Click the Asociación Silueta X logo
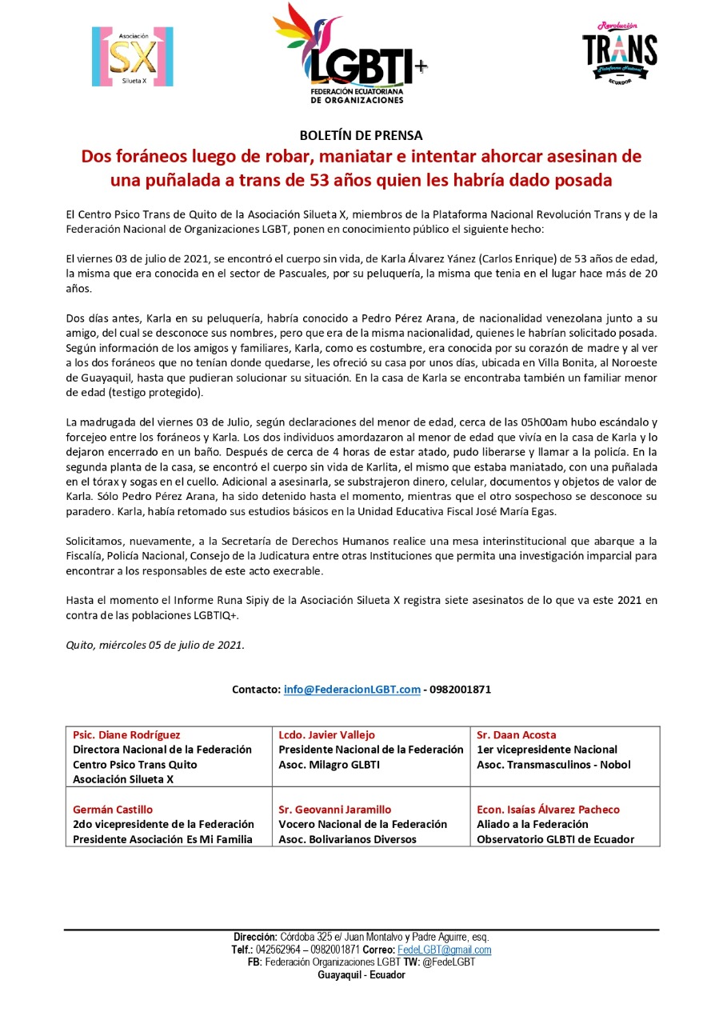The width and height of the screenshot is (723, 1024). [133, 57]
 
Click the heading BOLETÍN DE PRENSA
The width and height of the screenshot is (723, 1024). [361, 135]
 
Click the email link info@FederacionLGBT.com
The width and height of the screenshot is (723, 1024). [352, 690]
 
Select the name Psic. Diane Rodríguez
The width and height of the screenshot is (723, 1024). [126, 734]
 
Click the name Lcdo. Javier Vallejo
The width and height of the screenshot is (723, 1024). [326, 734]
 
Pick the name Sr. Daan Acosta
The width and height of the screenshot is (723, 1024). [516, 734]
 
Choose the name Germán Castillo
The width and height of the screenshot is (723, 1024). [113, 810]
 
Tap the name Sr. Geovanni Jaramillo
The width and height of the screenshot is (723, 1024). [335, 810]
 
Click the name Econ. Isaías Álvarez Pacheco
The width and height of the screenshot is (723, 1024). [548, 810]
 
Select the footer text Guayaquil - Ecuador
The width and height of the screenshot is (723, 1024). [361, 975]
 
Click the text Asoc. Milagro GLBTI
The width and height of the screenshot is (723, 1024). [329, 764]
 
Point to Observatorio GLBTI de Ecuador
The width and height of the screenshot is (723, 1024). [555, 839]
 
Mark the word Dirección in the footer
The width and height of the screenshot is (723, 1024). [254, 937]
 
